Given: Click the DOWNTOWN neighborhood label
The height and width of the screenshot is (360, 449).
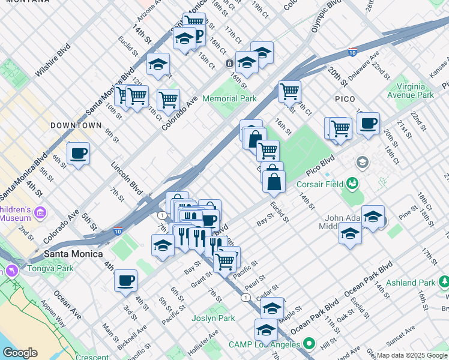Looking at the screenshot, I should tap(76, 125).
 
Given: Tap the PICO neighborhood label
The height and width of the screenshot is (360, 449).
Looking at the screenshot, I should tap(345, 98).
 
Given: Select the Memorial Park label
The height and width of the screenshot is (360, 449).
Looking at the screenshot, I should tap(229, 98).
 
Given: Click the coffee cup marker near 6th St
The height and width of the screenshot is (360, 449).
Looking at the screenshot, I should tap(78, 154).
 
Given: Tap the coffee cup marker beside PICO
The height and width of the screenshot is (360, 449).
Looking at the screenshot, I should tap(368, 124).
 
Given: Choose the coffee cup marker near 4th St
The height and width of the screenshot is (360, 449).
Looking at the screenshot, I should tap(125, 280).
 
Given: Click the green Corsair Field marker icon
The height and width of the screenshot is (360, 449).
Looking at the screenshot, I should tap(352, 182).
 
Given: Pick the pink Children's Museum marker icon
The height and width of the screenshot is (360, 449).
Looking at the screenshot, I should tap(41, 212).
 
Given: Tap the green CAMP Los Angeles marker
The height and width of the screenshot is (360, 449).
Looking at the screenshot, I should tap(309, 344).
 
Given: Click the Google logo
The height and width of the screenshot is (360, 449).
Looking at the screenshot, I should tap(20, 353).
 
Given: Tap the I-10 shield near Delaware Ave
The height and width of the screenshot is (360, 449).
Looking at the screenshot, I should tap(352, 52).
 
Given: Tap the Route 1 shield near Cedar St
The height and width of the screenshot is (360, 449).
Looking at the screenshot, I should tap(245, 297).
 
